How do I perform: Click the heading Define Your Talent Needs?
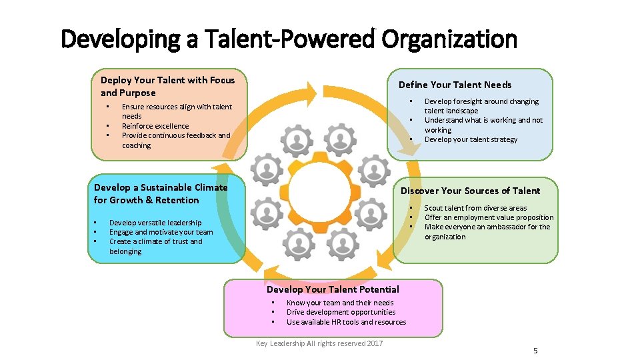coord(455,85)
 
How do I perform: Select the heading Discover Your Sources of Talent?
coord(470,191)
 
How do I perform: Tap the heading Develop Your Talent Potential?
coord(333,289)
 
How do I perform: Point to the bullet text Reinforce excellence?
coord(155,126)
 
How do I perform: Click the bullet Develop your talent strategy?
coord(471,139)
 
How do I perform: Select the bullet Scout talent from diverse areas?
coord(475,208)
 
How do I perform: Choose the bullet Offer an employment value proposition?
coord(489,217)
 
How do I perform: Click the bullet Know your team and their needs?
coord(340,303)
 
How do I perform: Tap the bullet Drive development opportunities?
coord(341,312)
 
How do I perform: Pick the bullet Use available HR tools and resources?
coord(346,322)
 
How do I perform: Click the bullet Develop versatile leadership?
coord(155,223)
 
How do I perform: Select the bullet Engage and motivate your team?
coord(161,232)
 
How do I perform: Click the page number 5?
coord(535,351)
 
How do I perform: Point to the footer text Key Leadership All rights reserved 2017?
coord(319,343)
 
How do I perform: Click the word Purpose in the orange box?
coord(138,93)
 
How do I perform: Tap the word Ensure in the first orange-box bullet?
coord(133,107)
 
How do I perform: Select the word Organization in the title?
coord(449,40)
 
